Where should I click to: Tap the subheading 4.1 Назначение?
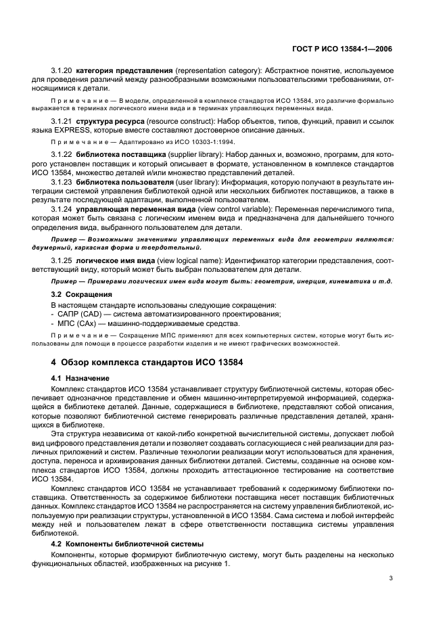80,378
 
